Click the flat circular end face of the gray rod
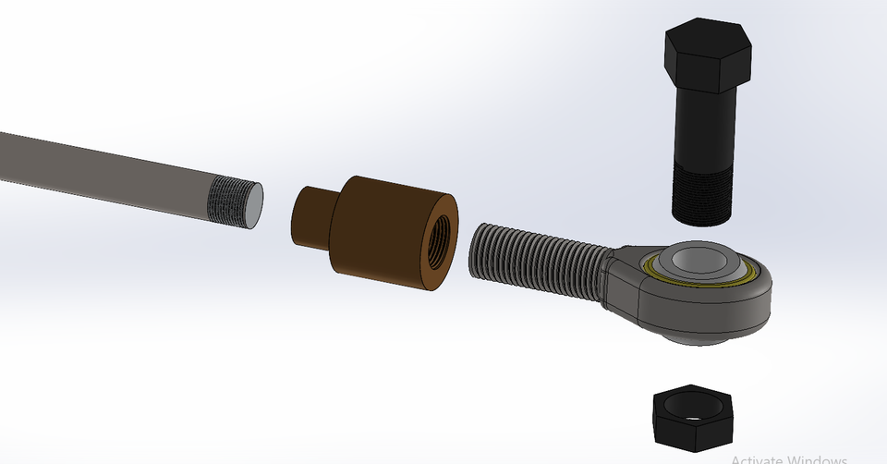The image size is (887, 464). point(252,205)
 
